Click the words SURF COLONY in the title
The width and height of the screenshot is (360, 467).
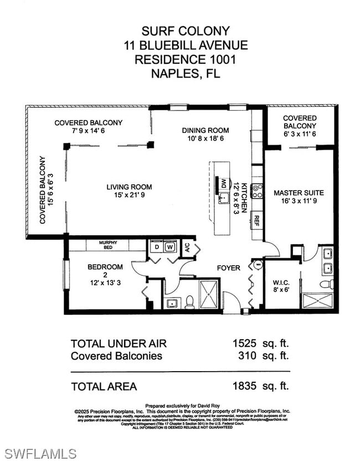coord(178,31)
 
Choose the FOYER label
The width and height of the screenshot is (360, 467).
coord(228,268)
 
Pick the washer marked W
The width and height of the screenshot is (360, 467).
coord(171,247)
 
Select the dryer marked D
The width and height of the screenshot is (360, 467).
coord(157,247)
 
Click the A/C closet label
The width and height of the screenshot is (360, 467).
coord(187,247)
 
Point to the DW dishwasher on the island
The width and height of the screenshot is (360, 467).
coord(224,183)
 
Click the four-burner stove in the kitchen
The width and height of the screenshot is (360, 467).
coord(256,191)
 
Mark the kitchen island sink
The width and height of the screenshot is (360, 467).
coord(224,198)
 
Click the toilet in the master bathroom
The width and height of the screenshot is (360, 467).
coord(327,285)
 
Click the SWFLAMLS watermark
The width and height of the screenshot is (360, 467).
coord(40,454)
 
